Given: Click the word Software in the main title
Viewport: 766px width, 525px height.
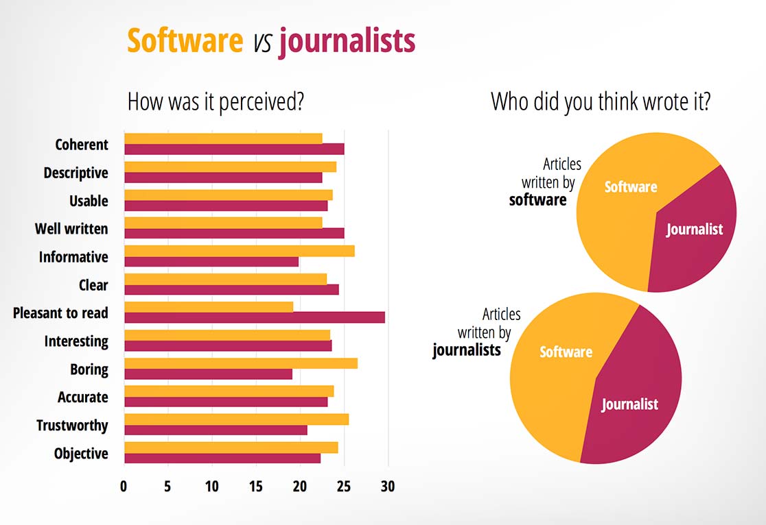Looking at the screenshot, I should coord(185,41).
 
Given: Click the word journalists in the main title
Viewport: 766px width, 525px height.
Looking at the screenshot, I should coord(347,41).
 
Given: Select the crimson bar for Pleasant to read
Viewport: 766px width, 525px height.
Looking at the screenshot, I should coord(254,317).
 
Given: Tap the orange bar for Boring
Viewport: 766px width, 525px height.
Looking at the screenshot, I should coord(240,363).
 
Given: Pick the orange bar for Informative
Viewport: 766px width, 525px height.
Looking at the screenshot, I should coord(239,251).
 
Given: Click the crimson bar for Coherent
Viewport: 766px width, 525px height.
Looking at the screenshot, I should coord(234,149).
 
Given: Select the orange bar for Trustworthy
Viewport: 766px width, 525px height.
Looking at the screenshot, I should coord(236,419).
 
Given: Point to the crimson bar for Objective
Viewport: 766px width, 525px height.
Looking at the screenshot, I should coord(222,458).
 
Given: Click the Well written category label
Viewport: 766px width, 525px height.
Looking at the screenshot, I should coord(71,229).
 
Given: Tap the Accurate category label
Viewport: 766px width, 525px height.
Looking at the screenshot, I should coord(82,398).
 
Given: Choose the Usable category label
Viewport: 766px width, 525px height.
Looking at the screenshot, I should coord(89,201).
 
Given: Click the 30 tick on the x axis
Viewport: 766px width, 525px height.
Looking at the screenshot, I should coord(388,487).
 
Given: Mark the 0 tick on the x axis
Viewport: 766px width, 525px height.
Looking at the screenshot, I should coord(124,487).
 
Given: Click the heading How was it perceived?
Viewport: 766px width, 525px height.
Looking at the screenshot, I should coord(216,102).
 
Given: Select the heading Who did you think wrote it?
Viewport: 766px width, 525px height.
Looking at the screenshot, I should coord(601,102).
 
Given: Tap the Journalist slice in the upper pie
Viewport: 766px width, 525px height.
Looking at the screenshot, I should coord(694,230).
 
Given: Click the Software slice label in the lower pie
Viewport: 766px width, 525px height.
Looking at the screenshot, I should coord(566,352).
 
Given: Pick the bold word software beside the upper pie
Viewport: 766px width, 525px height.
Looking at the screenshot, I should coord(537,200).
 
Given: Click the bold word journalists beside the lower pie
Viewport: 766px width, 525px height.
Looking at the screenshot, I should coord(466,350).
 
